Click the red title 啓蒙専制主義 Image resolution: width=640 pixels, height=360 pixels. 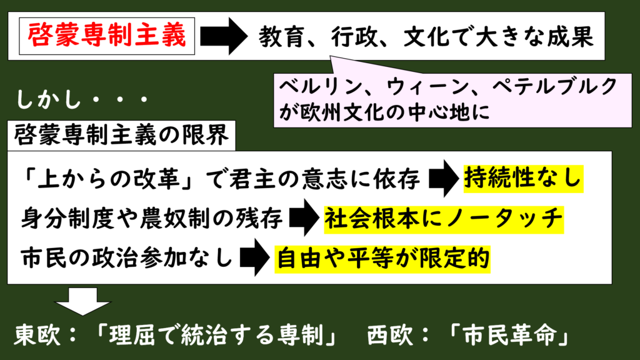(x=107, y=36)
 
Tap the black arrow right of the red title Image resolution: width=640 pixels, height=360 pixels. (x=224, y=36)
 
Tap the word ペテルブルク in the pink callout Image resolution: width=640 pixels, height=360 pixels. (x=554, y=87)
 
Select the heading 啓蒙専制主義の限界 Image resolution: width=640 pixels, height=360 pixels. (x=121, y=135)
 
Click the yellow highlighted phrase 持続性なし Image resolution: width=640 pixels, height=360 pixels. (x=523, y=178)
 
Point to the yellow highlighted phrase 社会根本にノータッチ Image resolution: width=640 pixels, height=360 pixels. (x=444, y=219)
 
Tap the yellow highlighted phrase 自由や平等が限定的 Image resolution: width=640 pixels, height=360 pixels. (x=382, y=259)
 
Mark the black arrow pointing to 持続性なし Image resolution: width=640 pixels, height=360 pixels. (x=444, y=178)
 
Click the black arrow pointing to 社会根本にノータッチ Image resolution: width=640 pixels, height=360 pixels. (x=304, y=217)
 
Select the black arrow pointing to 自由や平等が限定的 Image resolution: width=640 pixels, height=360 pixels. (x=255, y=257)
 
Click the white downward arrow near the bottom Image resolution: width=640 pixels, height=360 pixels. (x=83, y=301)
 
